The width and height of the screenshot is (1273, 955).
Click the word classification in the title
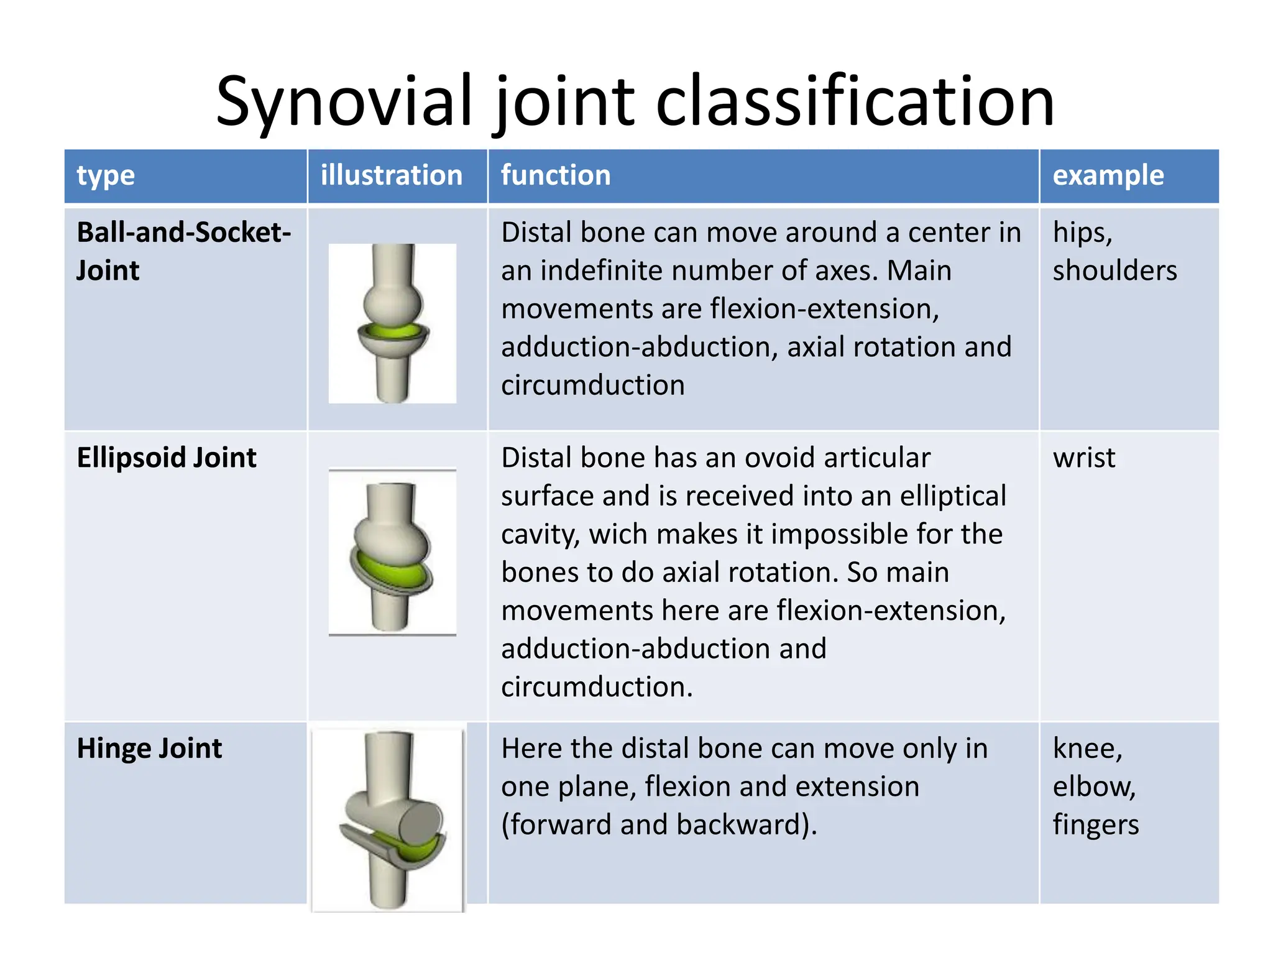(x=855, y=101)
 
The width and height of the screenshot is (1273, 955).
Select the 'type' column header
(x=106, y=176)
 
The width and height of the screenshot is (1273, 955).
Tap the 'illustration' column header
(x=392, y=175)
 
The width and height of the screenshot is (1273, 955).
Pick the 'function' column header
(x=556, y=175)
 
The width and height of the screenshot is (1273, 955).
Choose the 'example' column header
(x=1108, y=175)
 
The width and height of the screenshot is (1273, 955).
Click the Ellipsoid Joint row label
(x=167, y=458)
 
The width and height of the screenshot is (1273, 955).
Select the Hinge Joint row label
(x=149, y=748)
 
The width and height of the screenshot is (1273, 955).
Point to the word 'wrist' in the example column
(x=1083, y=458)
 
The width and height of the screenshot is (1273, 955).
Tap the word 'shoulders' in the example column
(x=1114, y=271)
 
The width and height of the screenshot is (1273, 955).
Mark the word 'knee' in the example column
(x=1087, y=748)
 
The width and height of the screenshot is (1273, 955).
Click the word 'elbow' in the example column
(x=1093, y=787)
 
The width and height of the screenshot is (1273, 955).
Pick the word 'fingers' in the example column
(x=1095, y=825)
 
